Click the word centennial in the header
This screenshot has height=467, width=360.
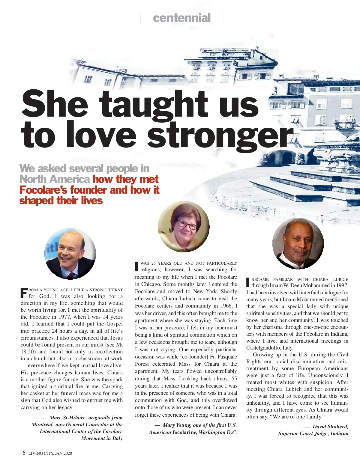coord(182,18)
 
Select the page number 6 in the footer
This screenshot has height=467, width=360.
coord(24,453)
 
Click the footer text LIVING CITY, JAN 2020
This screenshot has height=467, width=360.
coord(50,453)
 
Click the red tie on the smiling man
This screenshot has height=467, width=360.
coord(70,276)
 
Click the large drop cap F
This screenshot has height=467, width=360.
coord(24,293)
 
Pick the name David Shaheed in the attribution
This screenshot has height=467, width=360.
coord(330,427)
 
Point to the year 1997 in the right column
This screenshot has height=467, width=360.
coord(342,285)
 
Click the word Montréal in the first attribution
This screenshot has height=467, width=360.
coord(42,424)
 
